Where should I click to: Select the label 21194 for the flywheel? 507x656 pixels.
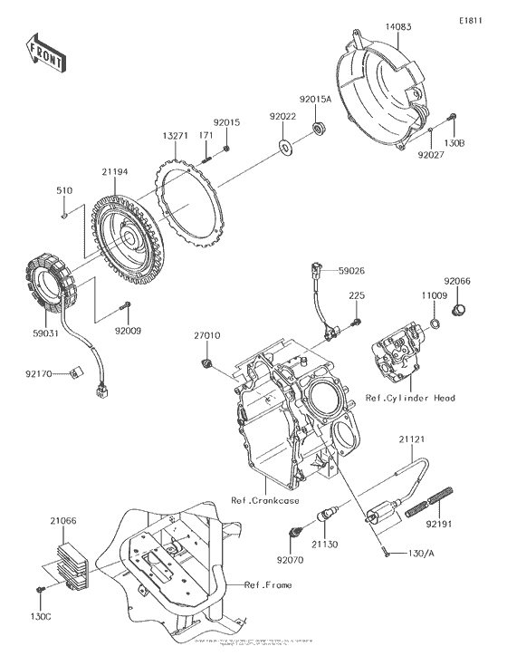point(114,171)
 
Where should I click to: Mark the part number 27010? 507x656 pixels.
point(206,335)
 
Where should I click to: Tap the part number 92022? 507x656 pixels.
point(282,116)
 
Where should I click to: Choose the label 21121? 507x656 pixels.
point(412,439)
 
